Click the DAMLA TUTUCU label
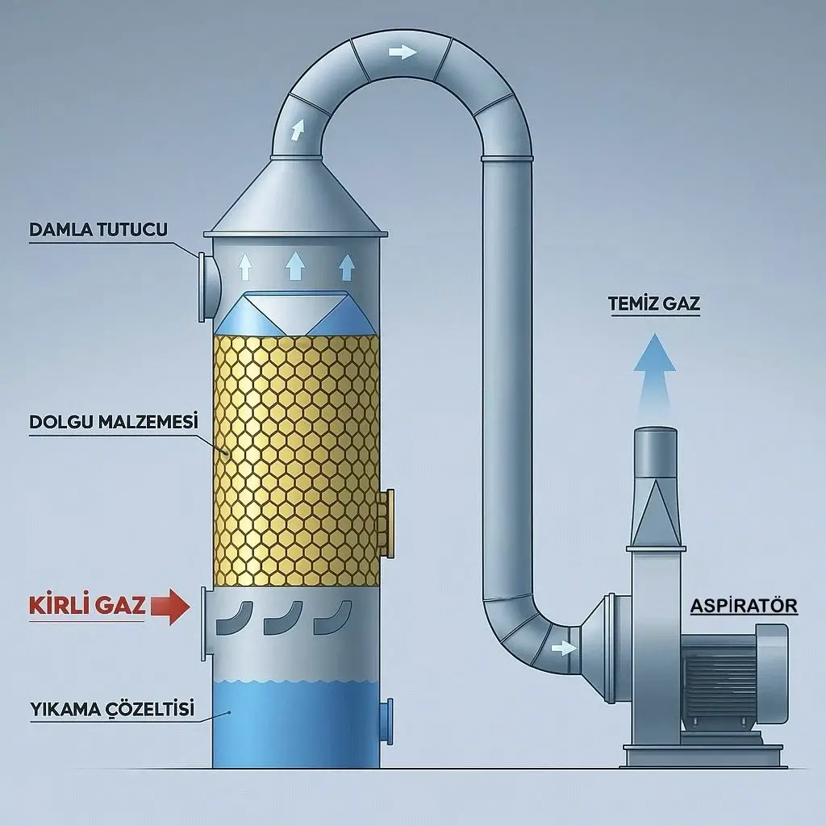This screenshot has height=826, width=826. pos(98,230)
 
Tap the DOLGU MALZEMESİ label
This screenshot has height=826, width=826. pos(114,422)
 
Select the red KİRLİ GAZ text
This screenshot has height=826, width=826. pos(87,605)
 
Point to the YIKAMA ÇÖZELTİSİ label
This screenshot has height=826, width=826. pos(112,709)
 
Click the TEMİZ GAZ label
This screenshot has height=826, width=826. pos(654,304)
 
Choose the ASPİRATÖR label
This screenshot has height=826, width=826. pos(744,606)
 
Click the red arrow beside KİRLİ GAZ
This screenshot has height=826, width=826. pos(170,607)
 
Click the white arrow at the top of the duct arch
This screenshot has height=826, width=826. pos(403,52)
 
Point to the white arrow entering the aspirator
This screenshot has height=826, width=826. pos(564,648)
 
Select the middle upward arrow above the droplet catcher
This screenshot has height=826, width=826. pos(295,265)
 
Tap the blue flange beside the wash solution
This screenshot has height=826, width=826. pos(387,721)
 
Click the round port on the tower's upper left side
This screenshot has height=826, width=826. pos(209,287)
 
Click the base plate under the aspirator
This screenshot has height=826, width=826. pos(704,756)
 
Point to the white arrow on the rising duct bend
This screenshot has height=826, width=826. pos(297,130)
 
